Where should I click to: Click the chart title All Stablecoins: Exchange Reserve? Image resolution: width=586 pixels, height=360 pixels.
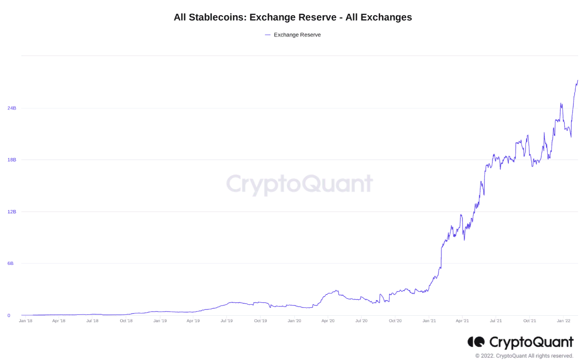293,18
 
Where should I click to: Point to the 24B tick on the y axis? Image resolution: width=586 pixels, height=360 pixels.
12,108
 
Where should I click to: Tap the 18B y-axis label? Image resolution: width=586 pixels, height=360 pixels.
12,160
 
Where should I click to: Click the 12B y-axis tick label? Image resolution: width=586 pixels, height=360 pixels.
12,212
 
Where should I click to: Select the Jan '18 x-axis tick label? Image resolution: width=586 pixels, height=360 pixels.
25,320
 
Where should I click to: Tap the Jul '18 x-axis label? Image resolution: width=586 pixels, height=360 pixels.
92,320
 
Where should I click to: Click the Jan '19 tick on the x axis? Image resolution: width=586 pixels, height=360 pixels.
160,320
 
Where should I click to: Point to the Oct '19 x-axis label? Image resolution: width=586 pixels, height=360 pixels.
260,320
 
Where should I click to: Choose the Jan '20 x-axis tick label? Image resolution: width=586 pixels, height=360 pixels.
294,320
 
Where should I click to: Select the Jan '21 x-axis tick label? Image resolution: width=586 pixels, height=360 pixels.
429,320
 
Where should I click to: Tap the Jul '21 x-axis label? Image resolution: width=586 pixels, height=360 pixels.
496,320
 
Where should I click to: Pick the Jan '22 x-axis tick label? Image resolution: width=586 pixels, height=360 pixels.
563,320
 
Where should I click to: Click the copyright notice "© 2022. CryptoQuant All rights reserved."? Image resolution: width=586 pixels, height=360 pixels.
524,356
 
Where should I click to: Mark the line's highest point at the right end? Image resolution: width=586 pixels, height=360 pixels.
577,81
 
